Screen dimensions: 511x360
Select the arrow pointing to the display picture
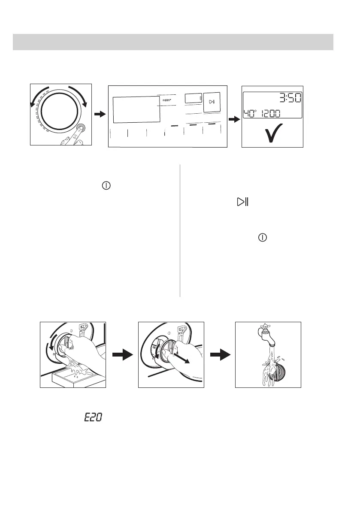click(234, 119)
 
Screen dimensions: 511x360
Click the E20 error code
click(93, 417)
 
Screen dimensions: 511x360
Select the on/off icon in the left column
click(106, 186)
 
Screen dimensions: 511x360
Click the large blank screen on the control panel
click(136, 109)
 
